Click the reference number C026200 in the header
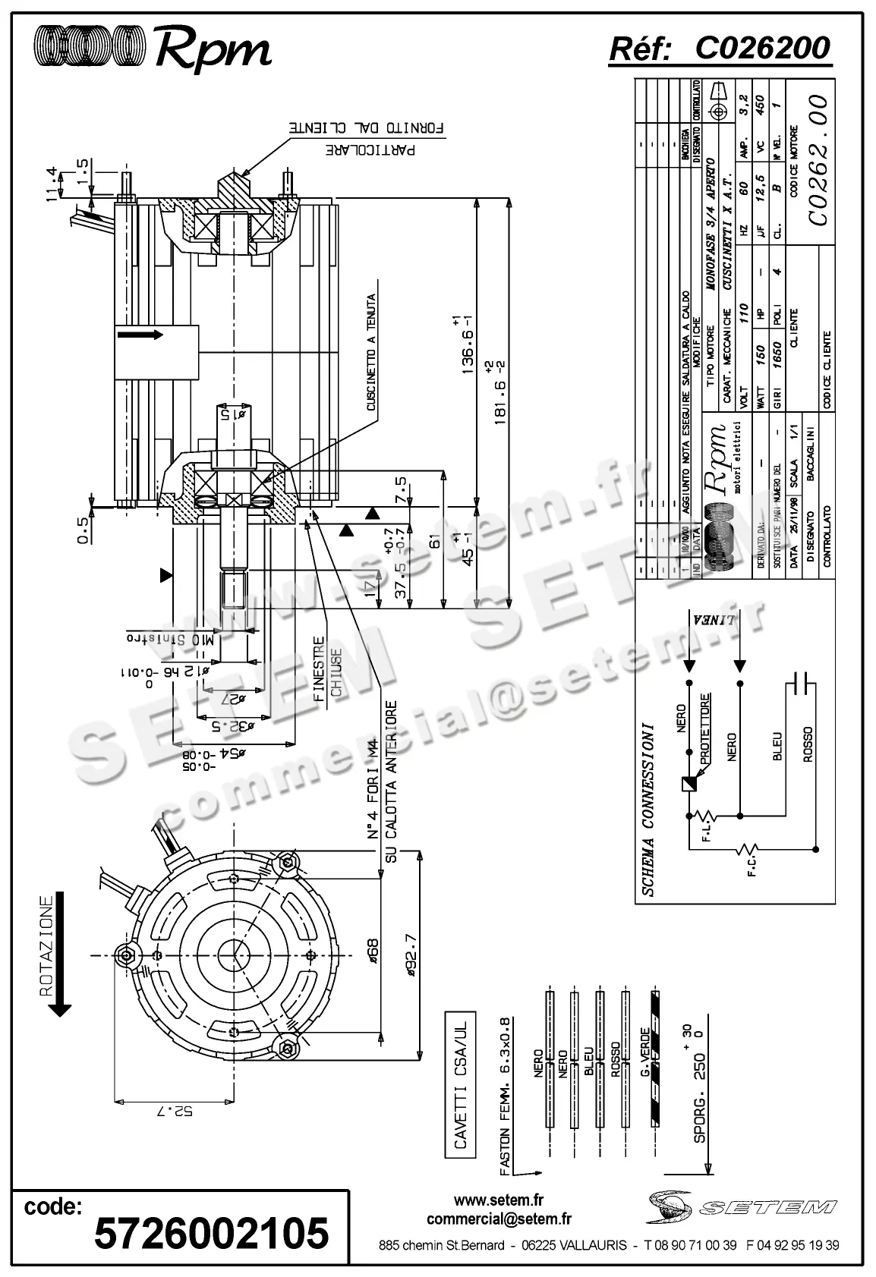762,49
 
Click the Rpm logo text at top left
213,50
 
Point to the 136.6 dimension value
469,342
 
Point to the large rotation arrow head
59,1008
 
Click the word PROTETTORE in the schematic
705,728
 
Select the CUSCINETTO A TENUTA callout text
372,352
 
